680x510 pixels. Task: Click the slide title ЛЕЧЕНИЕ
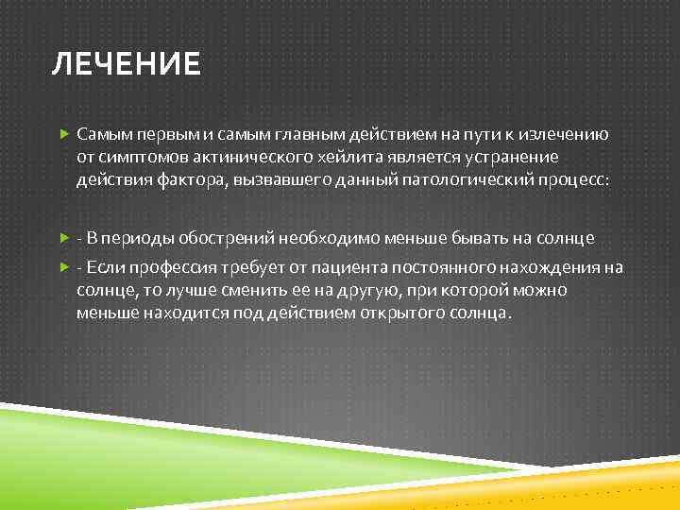point(126,64)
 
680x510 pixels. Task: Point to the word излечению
point(565,135)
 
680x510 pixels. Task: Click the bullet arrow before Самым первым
point(64,136)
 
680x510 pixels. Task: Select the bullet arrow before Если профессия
point(64,268)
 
